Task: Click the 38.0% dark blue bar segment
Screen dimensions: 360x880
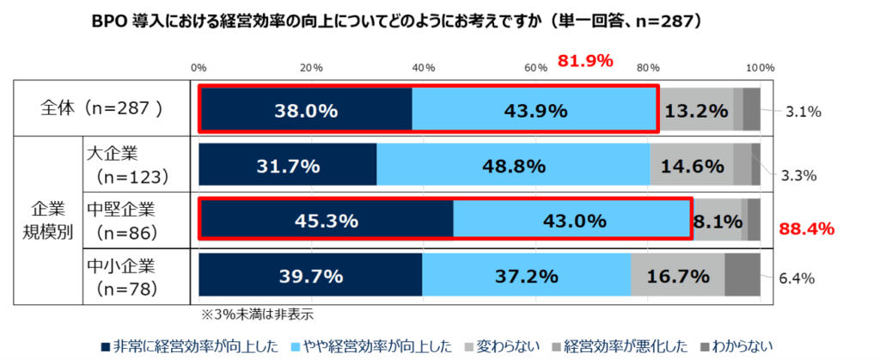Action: pyautogui.click(x=305, y=110)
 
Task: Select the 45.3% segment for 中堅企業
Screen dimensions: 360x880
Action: pyautogui.click(x=326, y=221)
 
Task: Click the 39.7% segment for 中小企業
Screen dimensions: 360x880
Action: pyautogui.click(x=310, y=276)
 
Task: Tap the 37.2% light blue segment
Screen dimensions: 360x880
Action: pyautogui.click(x=527, y=276)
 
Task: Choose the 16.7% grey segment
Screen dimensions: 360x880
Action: pyautogui.click(x=678, y=276)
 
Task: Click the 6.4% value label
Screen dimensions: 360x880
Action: pyautogui.click(x=797, y=278)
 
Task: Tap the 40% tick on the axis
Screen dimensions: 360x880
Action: pyautogui.click(x=423, y=68)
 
